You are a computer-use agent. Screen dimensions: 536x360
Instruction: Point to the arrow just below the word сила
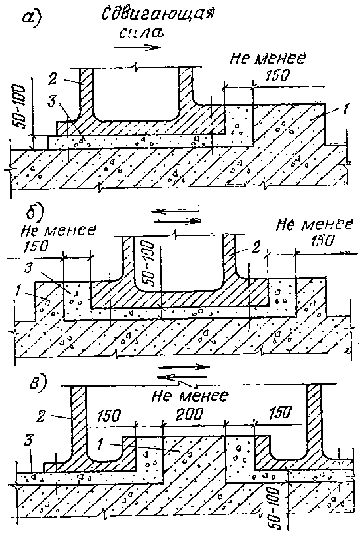coord(137,47)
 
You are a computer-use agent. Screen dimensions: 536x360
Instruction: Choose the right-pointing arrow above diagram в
coord(184,367)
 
